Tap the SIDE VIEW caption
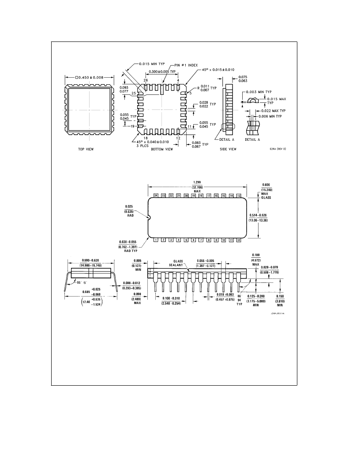pyautogui.click(x=228, y=149)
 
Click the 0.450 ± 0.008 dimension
pyautogui.click(x=90, y=77)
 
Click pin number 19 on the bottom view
pyautogui.click(x=132, y=126)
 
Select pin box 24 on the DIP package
pyautogui.click(x=156, y=195)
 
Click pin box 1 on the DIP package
pyautogui.click(x=156, y=240)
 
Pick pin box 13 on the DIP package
pyautogui.click(x=239, y=195)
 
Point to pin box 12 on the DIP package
pyautogui.click(x=239, y=240)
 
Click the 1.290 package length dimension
pyautogui.click(x=197, y=182)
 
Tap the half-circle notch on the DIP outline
pyautogui.click(x=149, y=217)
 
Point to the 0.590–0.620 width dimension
pyautogui.click(x=90, y=260)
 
